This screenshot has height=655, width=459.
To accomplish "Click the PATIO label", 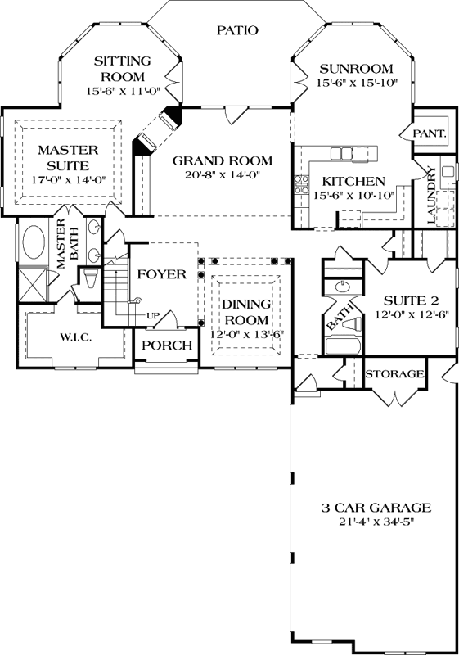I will (x=238, y=30).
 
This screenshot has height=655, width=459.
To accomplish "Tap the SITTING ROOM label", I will (x=123, y=69).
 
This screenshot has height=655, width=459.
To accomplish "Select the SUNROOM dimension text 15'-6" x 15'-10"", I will (x=357, y=84).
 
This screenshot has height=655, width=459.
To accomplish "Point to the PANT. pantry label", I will (x=430, y=133).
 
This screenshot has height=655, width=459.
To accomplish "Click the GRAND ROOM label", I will (x=223, y=160).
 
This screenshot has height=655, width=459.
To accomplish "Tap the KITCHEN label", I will (x=353, y=180).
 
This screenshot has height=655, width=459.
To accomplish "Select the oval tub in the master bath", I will (x=34, y=242).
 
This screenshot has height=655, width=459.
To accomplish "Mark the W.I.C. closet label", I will (x=74, y=337).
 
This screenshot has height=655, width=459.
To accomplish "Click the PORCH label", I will (x=167, y=345).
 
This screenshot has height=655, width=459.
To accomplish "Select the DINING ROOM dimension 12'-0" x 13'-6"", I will (x=246, y=333).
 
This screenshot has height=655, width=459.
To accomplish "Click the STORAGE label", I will (x=394, y=374).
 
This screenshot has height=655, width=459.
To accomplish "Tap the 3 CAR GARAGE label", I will (x=365, y=507).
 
